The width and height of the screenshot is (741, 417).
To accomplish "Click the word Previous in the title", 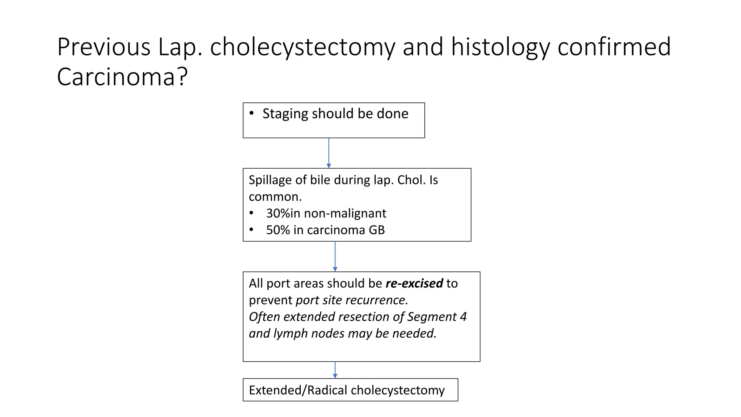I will click(103, 47).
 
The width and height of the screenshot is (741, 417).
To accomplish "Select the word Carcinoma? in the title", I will click(122, 77).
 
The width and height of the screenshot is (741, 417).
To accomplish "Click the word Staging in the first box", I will click(285, 114).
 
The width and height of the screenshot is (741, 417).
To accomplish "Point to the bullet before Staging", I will click(251, 113).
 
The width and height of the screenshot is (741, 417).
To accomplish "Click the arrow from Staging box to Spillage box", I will click(329, 153).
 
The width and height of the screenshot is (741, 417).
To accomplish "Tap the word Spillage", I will click(269, 180).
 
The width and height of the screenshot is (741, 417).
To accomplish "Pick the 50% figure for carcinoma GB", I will click(278, 230).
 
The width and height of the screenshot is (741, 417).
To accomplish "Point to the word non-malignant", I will click(345, 213).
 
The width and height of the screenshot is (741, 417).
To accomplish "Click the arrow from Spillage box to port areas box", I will click(335, 256).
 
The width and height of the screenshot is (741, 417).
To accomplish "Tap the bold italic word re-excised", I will click(414, 283).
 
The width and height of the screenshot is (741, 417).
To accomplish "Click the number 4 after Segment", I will click(463, 317).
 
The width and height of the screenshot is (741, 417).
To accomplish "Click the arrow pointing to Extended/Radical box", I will click(335, 370).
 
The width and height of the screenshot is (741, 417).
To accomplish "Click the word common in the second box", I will click(274, 197).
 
